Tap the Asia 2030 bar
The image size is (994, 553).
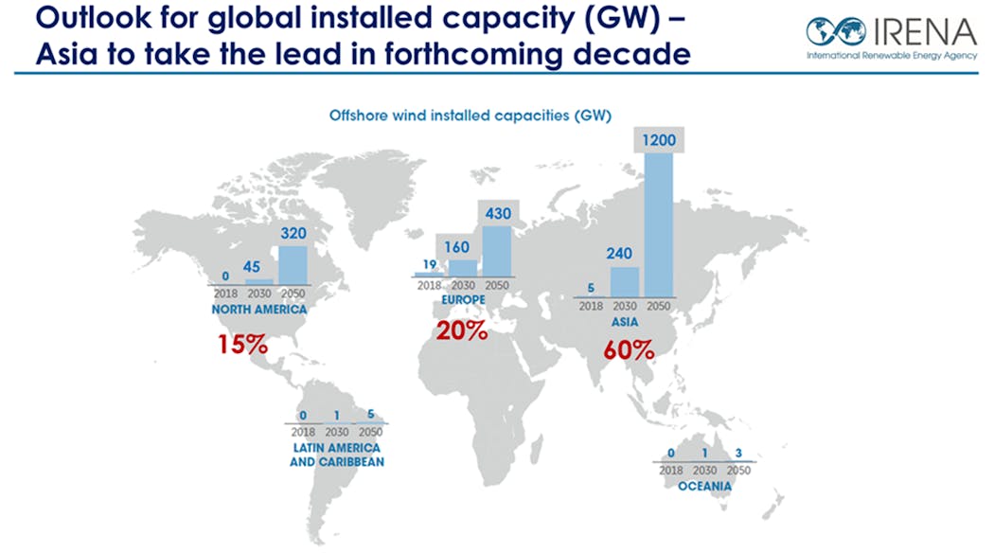pos(624,280)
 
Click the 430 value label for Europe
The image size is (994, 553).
pos(496,213)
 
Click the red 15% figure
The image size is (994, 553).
pos(242,343)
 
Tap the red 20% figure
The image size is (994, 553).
pos(461,331)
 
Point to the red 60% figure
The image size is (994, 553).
pos(629,349)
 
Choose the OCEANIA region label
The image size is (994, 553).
pos(704,487)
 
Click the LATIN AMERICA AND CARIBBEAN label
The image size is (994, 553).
pos(336,455)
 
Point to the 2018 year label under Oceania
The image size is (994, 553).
pos(669,470)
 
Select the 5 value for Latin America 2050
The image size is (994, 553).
pos(371,413)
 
